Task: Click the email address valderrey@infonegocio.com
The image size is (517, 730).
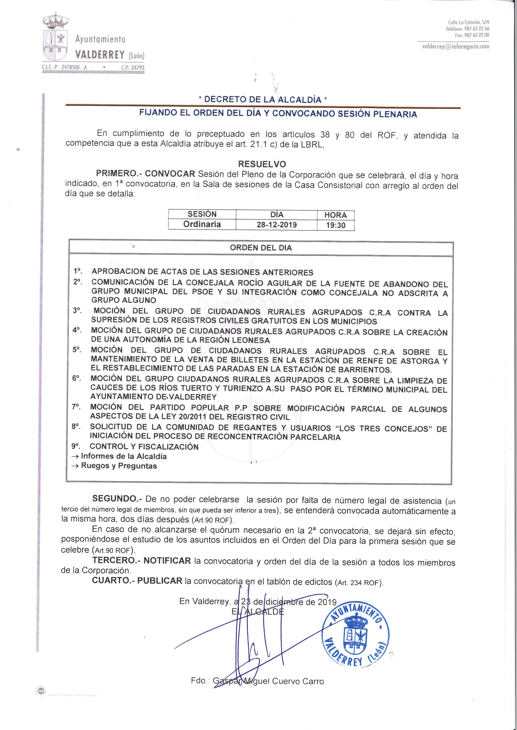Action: click(455, 46)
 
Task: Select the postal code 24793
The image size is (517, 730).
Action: click(138, 68)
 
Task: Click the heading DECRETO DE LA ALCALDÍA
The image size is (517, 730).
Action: click(263, 99)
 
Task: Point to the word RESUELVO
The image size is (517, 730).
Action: click(262, 164)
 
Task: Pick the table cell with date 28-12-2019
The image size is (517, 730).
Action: click(276, 225)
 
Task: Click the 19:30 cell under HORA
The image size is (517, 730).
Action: click(336, 225)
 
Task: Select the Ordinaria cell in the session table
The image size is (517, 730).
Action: click(202, 224)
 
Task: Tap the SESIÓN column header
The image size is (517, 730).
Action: click(202, 214)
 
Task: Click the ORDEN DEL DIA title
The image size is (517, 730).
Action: click(261, 248)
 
